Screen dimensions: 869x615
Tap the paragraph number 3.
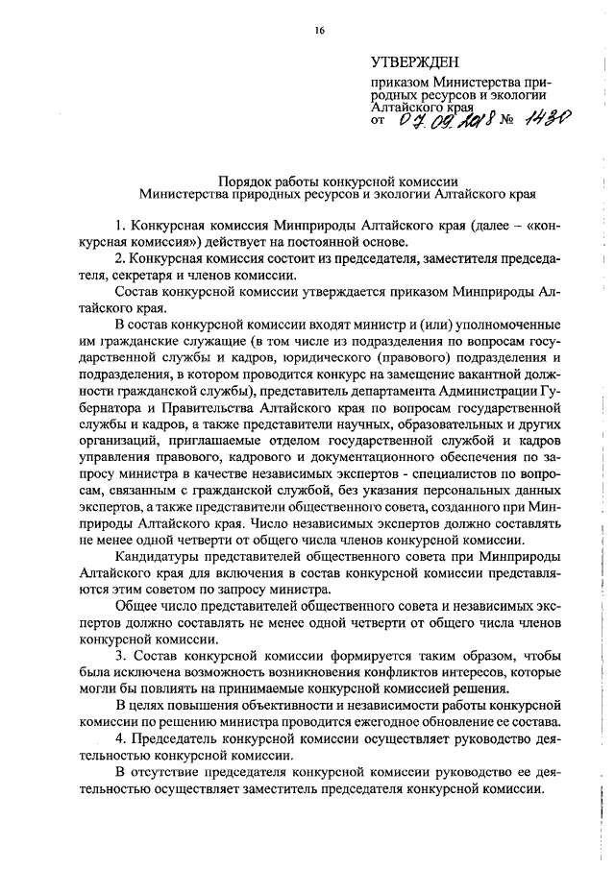118,655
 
